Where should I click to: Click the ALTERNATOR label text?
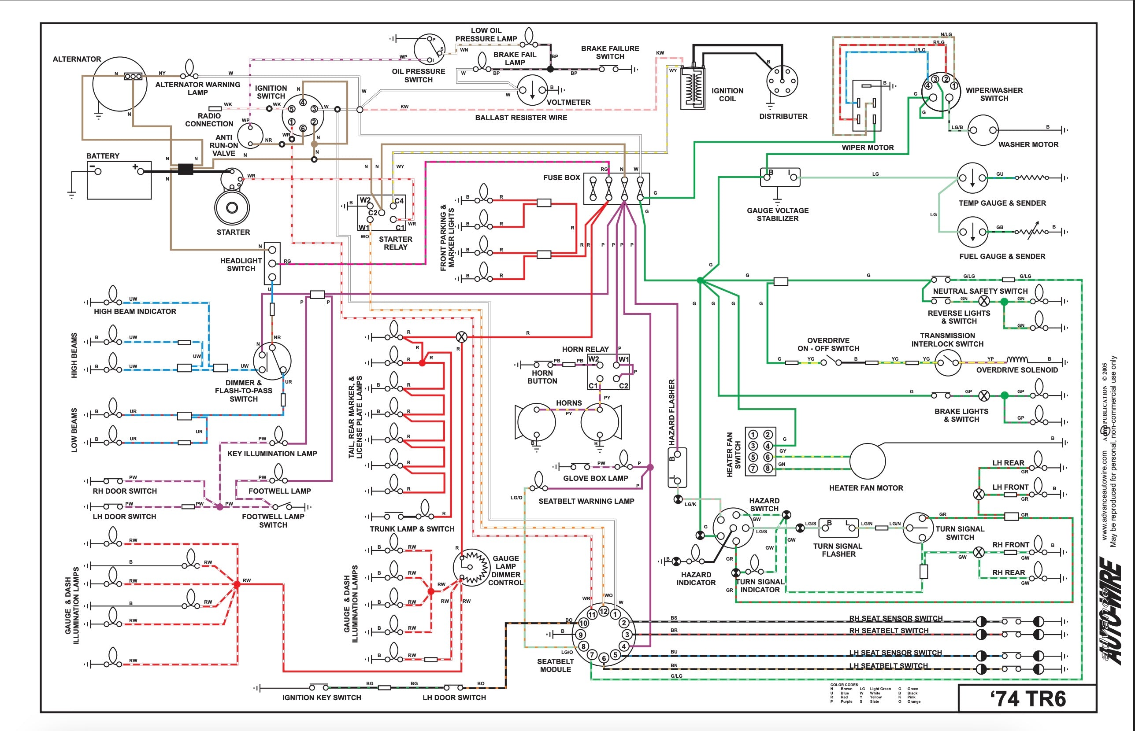tap(77, 59)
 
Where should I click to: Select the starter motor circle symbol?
tap(232, 207)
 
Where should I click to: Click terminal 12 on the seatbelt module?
tap(603, 611)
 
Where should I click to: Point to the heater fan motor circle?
tap(867, 461)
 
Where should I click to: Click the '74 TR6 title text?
tap(1027, 699)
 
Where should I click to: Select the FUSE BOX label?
tap(561, 177)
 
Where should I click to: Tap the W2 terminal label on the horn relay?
tap(593, 359)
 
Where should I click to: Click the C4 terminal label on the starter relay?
tap(399, 201)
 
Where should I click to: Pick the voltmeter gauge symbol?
tap(532, 90)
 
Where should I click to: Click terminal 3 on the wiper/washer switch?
tap(935, 79)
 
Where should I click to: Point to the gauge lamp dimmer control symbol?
tap(471, 567)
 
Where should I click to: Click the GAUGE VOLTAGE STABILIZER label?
tap(777, 214)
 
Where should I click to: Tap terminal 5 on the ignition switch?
tap(292, 109)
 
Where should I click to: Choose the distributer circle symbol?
tap(782, 81)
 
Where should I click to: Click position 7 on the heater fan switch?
tap(753, 469)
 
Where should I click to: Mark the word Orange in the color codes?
tap(914, 701)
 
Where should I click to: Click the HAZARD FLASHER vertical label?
tap(671, 412)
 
